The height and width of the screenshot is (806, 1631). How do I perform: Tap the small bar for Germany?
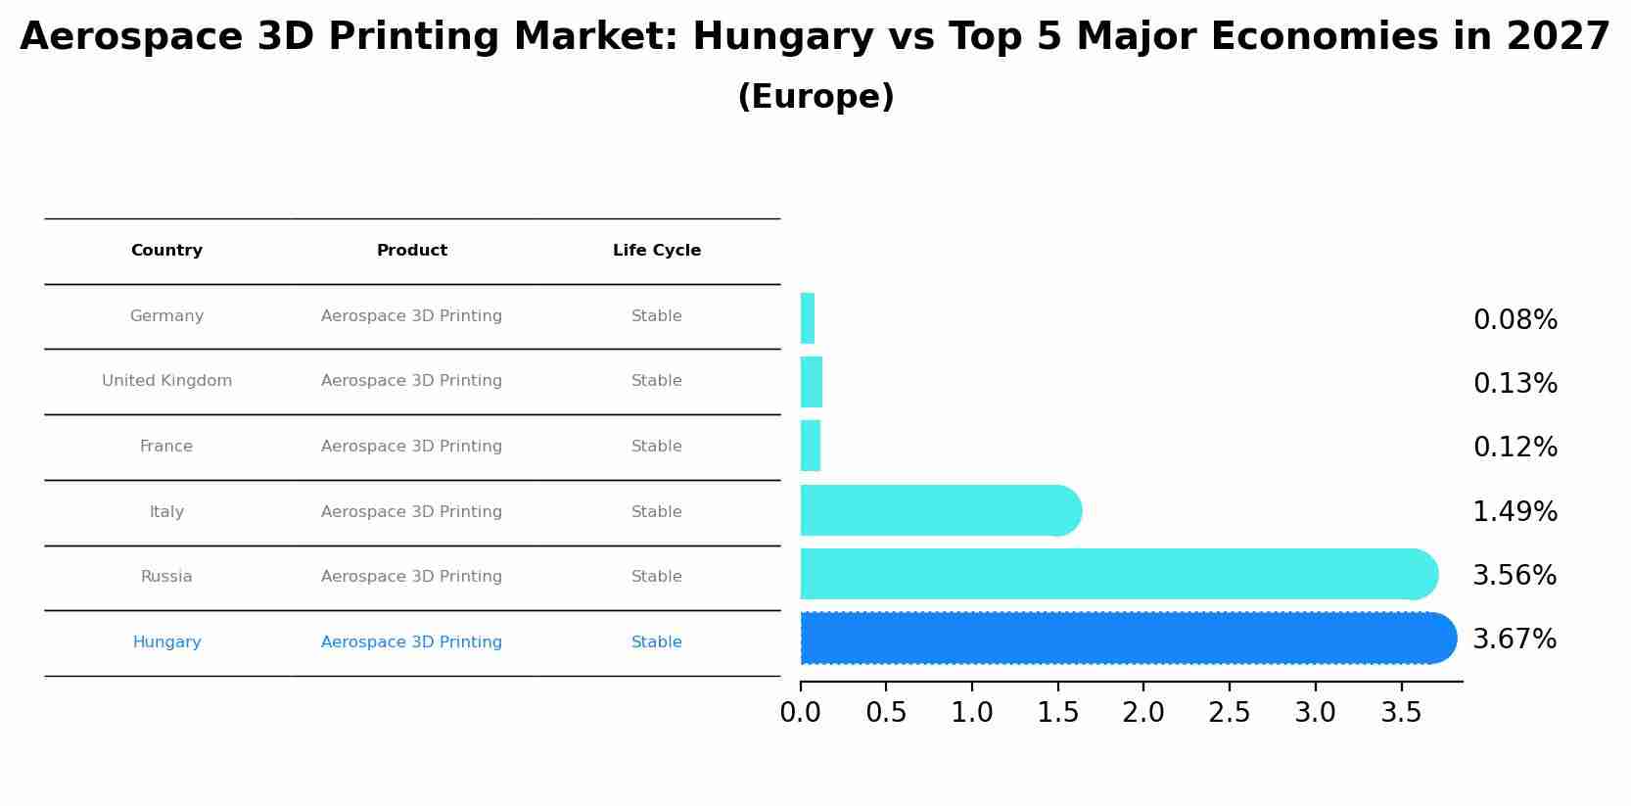click(x=808, y=318)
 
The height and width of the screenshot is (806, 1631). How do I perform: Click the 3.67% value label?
click(x=1514, y=640)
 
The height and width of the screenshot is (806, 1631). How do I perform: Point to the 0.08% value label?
click(x=1514, y=320)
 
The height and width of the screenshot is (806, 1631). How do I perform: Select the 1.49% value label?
click(x=1514, y=512)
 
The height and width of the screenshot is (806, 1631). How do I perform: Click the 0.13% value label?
click(x=1514, y=384)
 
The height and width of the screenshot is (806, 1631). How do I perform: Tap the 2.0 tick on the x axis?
click(x=1143, y=713)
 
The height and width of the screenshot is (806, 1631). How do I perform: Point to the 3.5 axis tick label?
click(x=1401, y=713)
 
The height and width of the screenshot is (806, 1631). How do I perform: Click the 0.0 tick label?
click(x=801, y=713)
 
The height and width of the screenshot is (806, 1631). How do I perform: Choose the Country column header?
click(x=166, y=251)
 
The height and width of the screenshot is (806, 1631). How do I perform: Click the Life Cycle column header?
click(x=657, y=251)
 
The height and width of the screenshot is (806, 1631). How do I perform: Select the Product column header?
click(x=412, y=251)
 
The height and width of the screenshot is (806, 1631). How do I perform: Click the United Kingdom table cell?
click(x=166, y=381)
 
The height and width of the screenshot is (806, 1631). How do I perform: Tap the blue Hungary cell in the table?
click(x=166, y=642)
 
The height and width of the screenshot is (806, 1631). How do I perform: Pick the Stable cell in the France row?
click(x=657, y=447)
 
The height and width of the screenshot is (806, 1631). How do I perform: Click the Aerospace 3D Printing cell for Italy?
click(x=412, y=512)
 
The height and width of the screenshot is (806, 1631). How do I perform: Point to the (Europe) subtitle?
click(x=815, y=97)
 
